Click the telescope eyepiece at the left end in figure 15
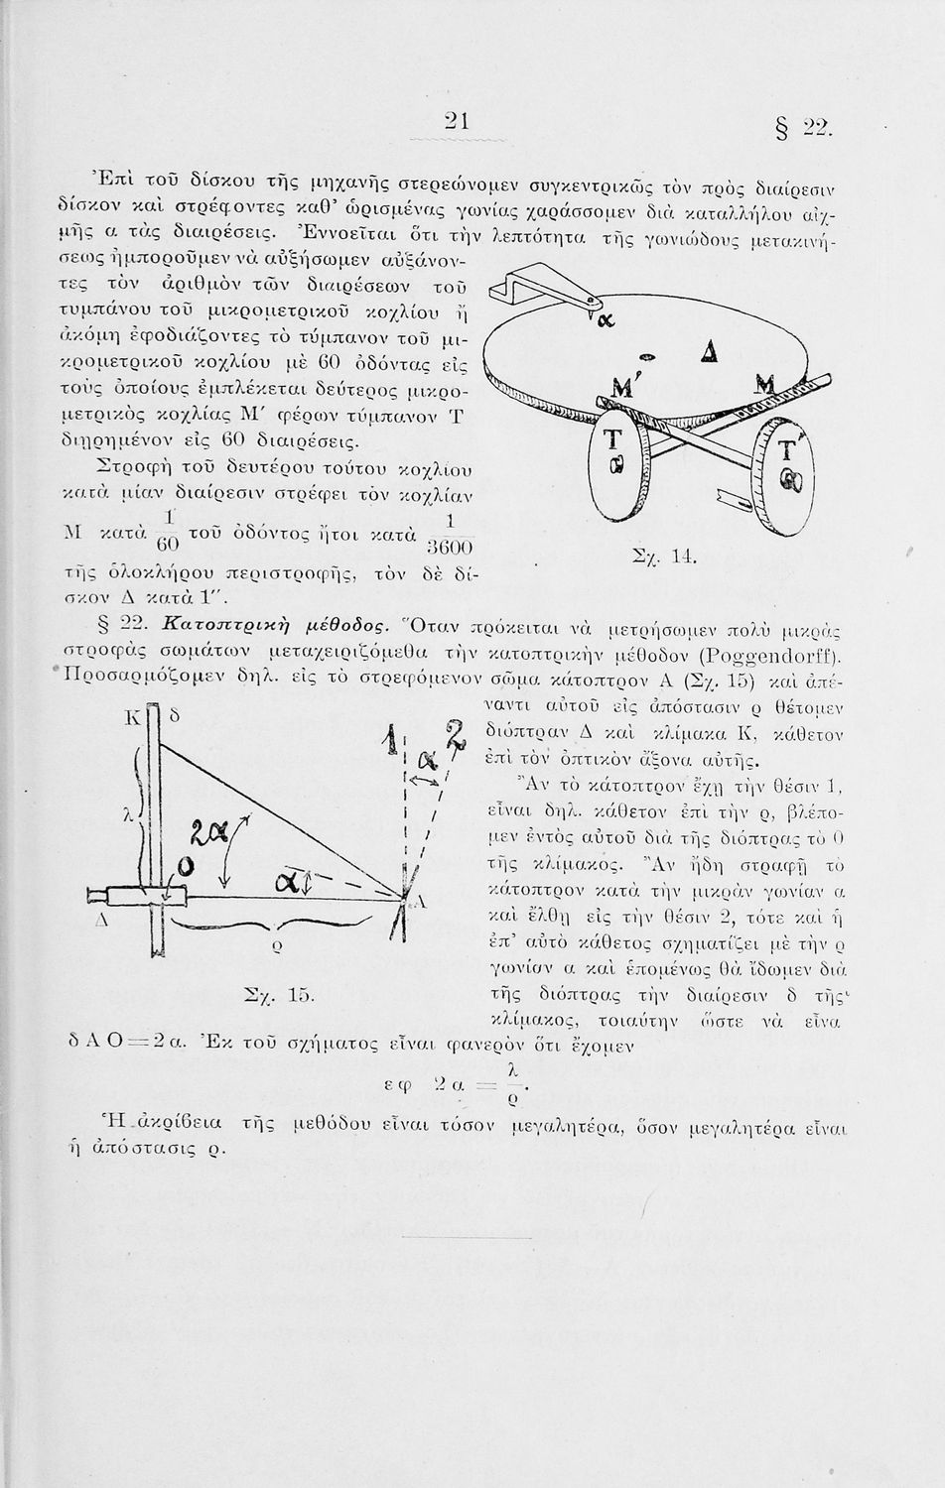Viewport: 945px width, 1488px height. coord(97,899)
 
